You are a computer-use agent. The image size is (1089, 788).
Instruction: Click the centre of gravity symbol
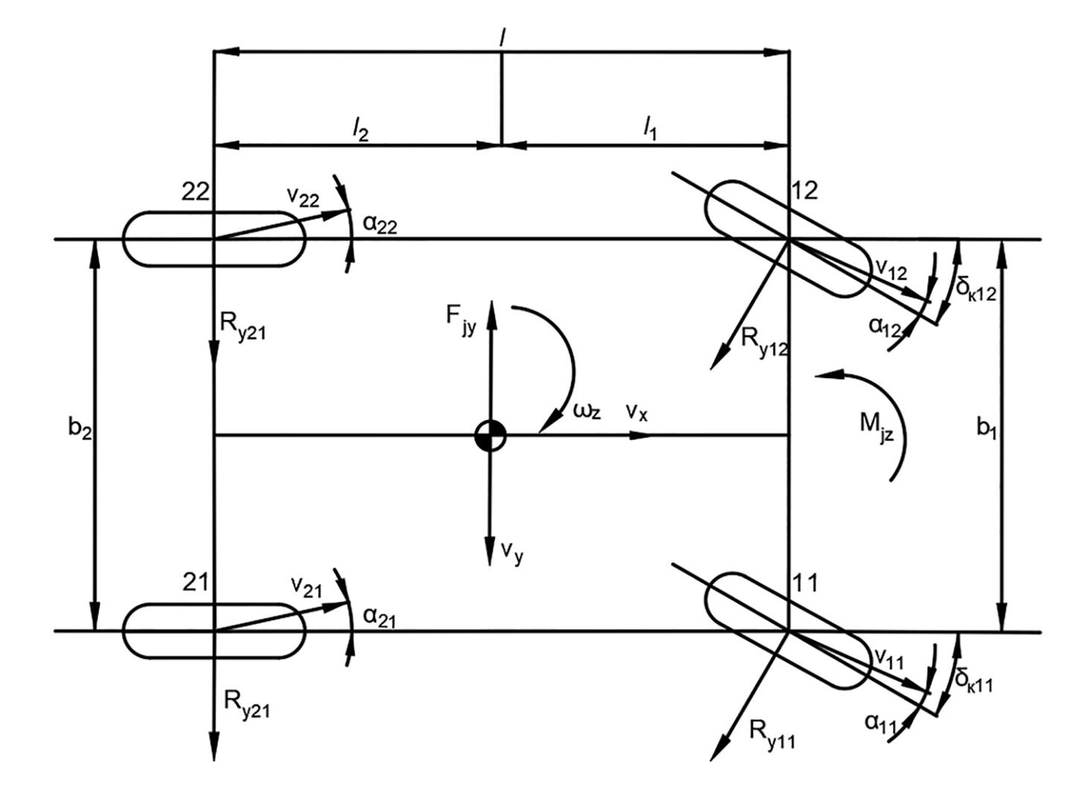pyautogui.click(x=491, y=436)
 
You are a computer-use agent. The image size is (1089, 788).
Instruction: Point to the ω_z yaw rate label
pyautogui.click(x=587, y=410)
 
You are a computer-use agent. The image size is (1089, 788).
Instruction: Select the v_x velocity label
pyautogui.click(x=636, y=411)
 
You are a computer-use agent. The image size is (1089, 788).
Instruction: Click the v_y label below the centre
pyautogui.click(x=511, y=551)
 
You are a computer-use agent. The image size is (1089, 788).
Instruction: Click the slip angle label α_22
pyautogui.click(x=380, y=224)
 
